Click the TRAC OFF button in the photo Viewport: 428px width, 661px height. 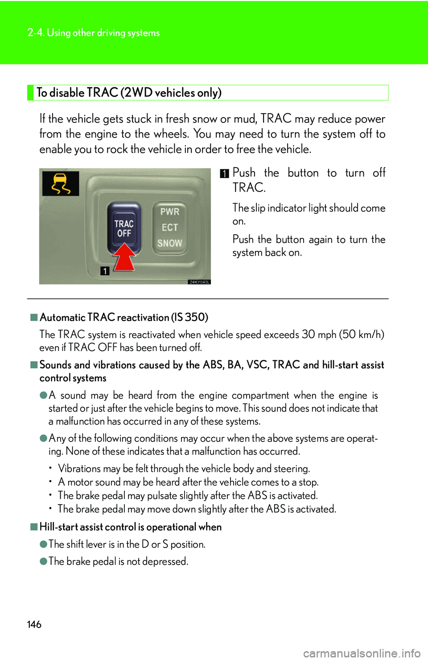pos(124,228)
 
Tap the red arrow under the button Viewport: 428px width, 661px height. pos(124,258)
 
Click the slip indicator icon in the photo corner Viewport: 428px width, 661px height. pos(61,184)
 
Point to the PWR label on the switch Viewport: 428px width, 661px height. pos(170,212)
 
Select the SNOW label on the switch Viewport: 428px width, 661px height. pos(170,243)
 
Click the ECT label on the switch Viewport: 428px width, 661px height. pos(170,228)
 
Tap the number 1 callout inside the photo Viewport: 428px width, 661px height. pos(105,271)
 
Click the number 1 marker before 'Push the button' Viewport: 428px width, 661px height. pos(224,174)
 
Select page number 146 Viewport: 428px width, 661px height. pos(34,624)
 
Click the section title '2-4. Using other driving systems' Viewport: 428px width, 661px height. pos(94,33)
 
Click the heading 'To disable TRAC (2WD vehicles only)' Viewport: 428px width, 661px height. pos(129,93)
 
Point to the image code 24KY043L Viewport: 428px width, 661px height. pos(199,282)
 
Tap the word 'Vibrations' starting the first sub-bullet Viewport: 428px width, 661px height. pos(79,469)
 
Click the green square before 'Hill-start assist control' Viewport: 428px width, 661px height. pos(34,526)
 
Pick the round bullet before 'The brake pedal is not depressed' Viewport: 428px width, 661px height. pos(43,561)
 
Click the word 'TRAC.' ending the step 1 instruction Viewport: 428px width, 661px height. pos(249,188)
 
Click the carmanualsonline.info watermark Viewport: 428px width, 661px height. pos(362,653)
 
